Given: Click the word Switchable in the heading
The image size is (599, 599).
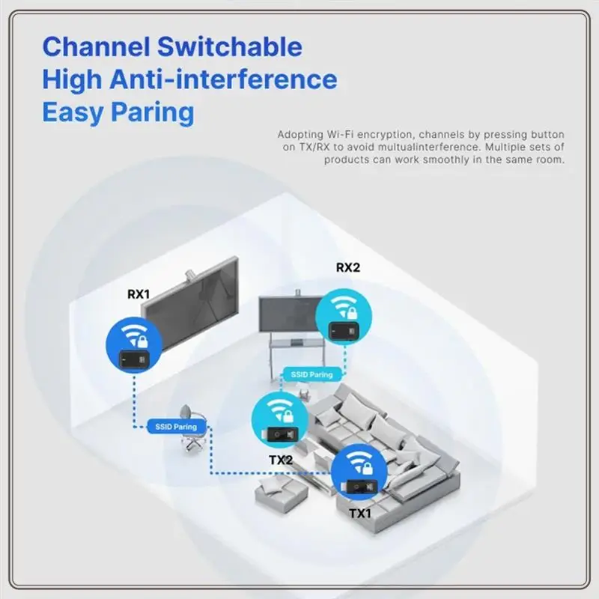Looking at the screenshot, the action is coord(230,46).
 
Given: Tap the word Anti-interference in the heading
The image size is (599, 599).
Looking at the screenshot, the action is coord(223,79).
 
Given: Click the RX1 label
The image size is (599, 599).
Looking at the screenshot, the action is coord(139,294).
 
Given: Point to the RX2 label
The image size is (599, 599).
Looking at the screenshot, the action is coord(348,267).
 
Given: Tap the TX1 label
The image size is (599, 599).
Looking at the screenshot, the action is coord(360,514).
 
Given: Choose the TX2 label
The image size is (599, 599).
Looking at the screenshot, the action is coord(281,460).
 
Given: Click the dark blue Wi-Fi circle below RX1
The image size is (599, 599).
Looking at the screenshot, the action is coord(134,344).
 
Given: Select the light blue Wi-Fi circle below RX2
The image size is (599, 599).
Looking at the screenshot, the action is coord(344,317).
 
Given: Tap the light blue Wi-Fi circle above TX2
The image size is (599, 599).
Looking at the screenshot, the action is coord(280,421).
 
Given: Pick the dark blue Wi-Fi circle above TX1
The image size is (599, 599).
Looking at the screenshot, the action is coord(359,472).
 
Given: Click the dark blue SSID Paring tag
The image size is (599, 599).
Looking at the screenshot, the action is coord(176,427).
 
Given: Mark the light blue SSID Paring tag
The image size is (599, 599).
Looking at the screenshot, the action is coord(311,374).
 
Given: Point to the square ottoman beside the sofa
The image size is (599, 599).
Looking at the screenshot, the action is coord(282,491).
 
